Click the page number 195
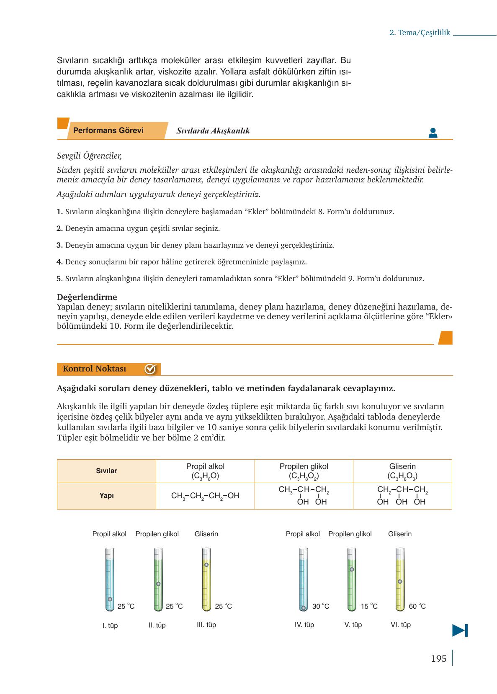[438, 659]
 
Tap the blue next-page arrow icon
[460, 630]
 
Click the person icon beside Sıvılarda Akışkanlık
[433, 133]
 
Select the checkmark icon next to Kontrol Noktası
[150, 369]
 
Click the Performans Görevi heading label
[108, 131]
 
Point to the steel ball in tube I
[110, 599]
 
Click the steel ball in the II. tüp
[158, 584]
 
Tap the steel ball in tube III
[206, 564]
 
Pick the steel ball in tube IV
[303, 607]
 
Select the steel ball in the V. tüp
[352, 569]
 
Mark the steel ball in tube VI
[400, 581]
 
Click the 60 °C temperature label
[417, 606]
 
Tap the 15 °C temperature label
[369, 606]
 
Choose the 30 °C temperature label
[321, 606]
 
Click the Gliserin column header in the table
[402, 471]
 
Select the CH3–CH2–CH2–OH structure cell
[205, 496]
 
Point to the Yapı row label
[106, 496]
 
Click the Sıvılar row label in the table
[106, 471]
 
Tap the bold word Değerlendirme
[87, 297]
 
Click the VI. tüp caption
[401, 625]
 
